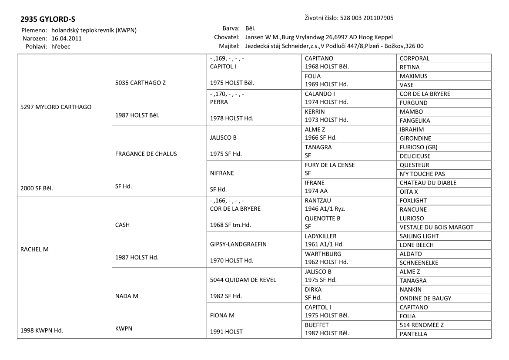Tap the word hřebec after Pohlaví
(x=61, y=46)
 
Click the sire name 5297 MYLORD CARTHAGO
(x=56, y=107)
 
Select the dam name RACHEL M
(x=35, y=249)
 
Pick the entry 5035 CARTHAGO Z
(x=140, y=83)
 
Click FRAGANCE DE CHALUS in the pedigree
(x=146, y=154)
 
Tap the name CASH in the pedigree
(x=124, y=225)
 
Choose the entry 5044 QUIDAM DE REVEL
(x=243, y=279)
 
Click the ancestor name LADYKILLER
(x=321, y=236)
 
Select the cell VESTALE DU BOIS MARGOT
(x=436, y=227)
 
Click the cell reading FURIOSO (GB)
(x=419, y=147)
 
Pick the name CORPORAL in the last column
(x=415, y=58)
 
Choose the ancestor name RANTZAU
(x=318, y=201)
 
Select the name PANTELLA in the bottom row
(x=413, y=334)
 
